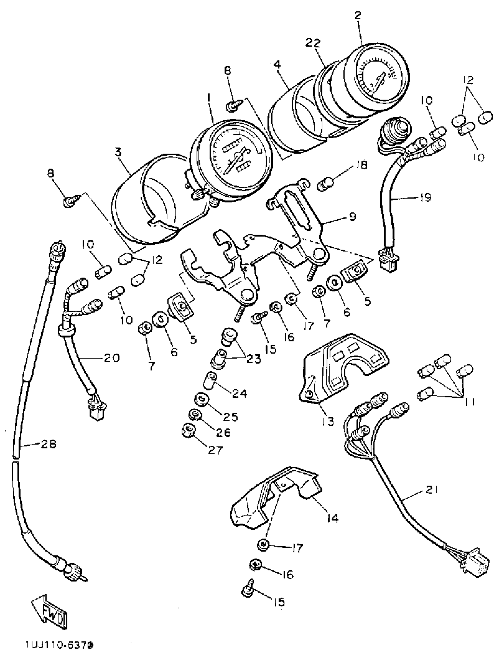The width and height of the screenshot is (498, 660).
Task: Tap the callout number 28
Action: [x=49, y=445]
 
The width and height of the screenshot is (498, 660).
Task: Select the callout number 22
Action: [x=313, y=43]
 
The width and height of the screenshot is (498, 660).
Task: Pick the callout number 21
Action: [x=432, y=490]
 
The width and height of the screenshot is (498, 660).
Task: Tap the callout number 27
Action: [x=215, y=450]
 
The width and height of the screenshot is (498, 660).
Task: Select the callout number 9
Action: [x=352, y=217]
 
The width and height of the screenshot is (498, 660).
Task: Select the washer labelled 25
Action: [x=201, y=399]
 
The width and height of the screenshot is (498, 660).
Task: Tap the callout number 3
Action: [x=118, y=152]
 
